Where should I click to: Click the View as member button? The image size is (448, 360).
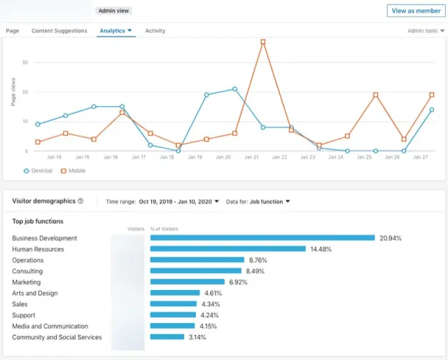coord(416,11)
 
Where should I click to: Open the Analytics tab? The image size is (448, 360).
coord(115,31)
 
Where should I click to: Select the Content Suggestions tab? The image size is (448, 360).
coord(59,31)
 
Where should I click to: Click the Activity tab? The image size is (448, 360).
coord(155,31)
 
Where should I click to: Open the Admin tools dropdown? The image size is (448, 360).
coord(426,31)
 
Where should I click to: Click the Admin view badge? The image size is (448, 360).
coord(113,11)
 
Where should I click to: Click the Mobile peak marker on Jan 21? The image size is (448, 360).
coord(263,42)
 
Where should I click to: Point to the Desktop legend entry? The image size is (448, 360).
coord(38,170)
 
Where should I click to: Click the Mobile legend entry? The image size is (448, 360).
coord(73,170)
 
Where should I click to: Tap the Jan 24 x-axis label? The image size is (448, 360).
coord(336,158)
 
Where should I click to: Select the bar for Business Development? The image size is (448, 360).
coord(262,238)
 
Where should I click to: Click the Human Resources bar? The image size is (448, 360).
coord(228,249)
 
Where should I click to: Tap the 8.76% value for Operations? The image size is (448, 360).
coord(258,260)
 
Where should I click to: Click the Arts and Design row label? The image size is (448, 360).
coord(35,293)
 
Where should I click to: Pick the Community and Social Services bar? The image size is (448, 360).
coord(167,337)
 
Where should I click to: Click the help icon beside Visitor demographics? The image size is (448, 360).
coord(80,201)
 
